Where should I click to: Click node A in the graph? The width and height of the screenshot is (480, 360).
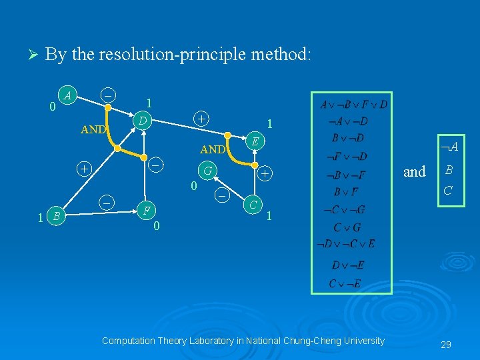tap(67, 95)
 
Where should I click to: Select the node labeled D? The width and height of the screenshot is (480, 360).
tap(141, 121)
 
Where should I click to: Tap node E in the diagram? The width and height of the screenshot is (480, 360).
tap(254, 141)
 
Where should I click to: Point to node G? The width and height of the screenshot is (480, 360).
tap(209, 171)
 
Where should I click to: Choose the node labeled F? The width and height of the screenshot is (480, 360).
tap(146, 211)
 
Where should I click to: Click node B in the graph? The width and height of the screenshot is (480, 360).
tap(57, 215)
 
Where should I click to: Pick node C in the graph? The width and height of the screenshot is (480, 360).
tap(251, 204)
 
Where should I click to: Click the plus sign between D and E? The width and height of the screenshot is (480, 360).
tap(201, 118)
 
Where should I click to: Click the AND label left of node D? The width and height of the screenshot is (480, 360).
tap(93, 129)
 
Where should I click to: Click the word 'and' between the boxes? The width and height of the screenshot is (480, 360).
tap(414, 172)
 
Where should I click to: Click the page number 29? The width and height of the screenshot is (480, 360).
tap(446, 344)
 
